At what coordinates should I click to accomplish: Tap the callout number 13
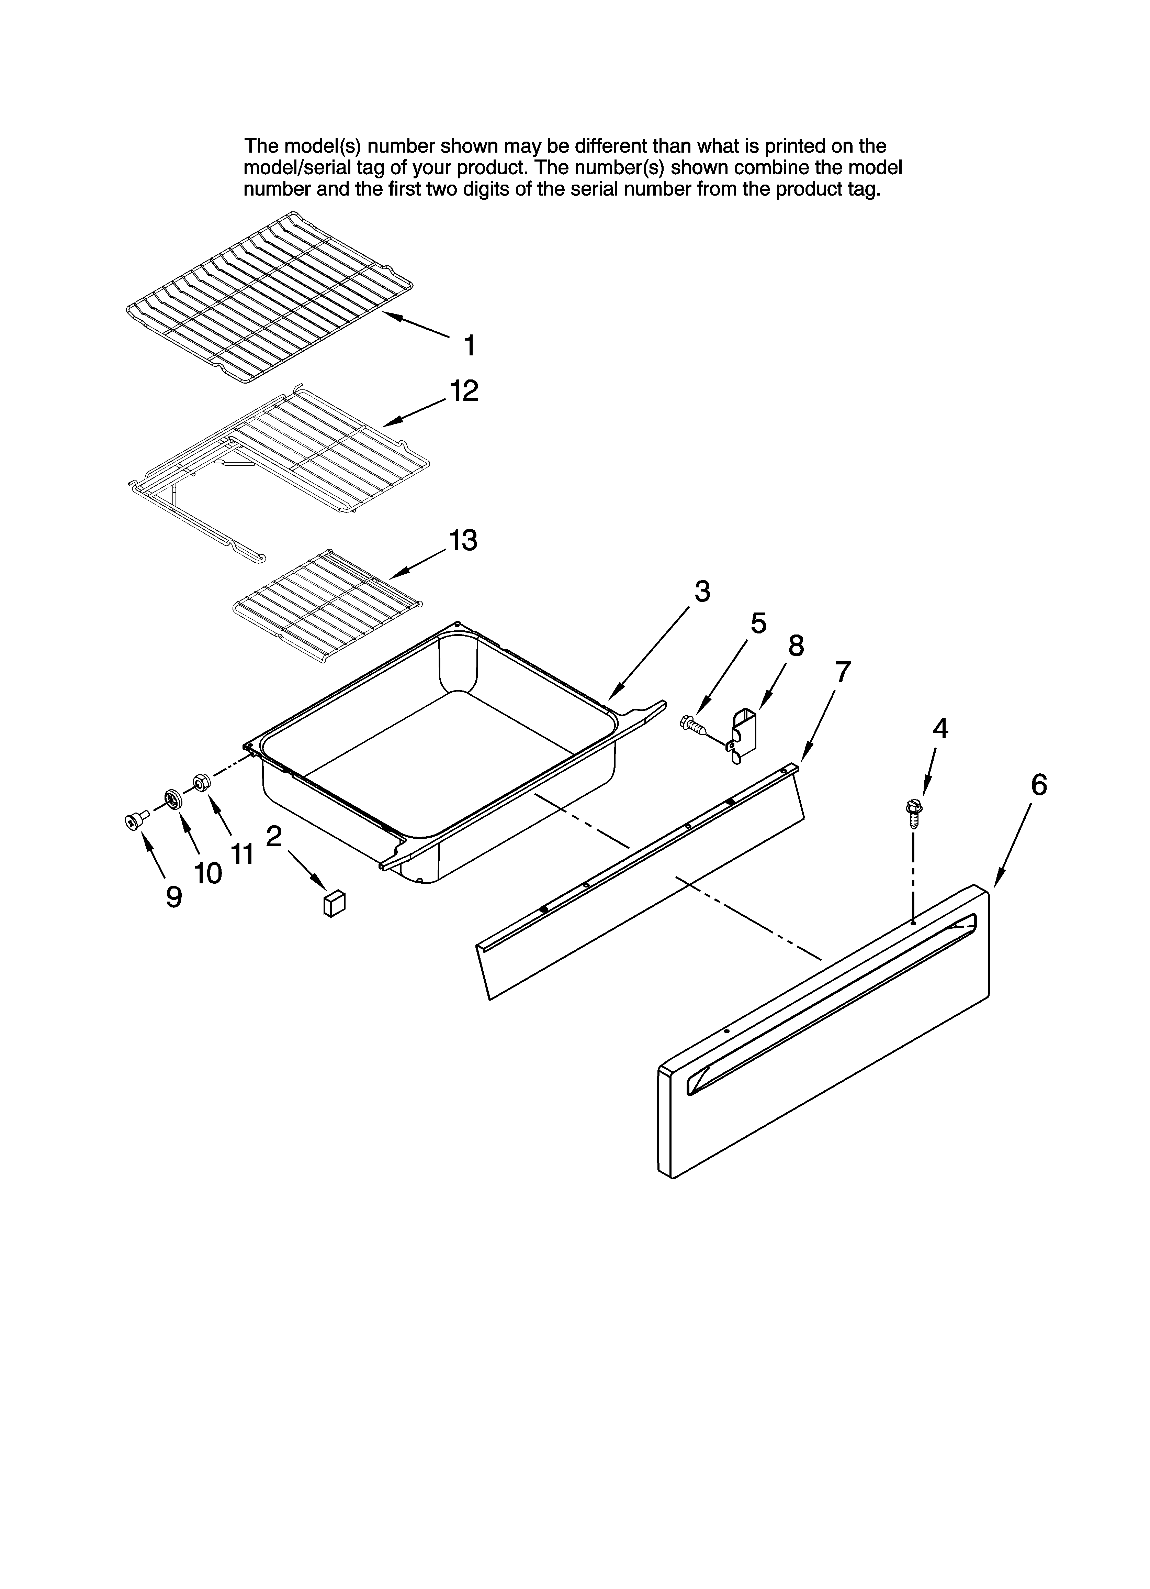[x=463, y=540]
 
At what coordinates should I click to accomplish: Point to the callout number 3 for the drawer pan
[x=702, y=592]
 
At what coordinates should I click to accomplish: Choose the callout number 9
[x=174, y=897]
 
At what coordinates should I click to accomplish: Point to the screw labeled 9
[x=134, y=820]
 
